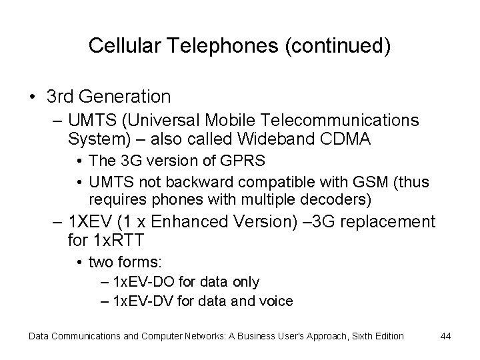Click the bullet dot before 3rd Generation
[33, 97]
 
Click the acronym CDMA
[343, 139]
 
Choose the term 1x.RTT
[118, 240]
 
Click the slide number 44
[445, 335]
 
